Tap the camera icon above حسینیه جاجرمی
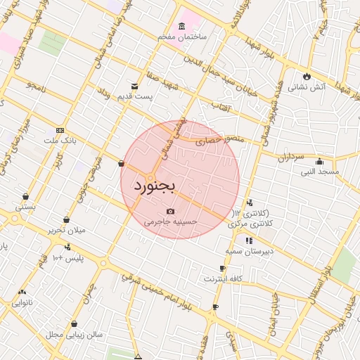click(170, 211)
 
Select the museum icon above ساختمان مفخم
click(182, 26)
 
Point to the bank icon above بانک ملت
click(60, 130)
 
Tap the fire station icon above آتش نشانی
click(307, 77)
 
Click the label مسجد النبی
click(320, 171)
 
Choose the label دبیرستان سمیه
click(249, 250)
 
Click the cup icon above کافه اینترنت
click(222, 269)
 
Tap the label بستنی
click(25, 207)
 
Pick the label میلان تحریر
click(65, 230)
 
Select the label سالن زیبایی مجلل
click(75, 335)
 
